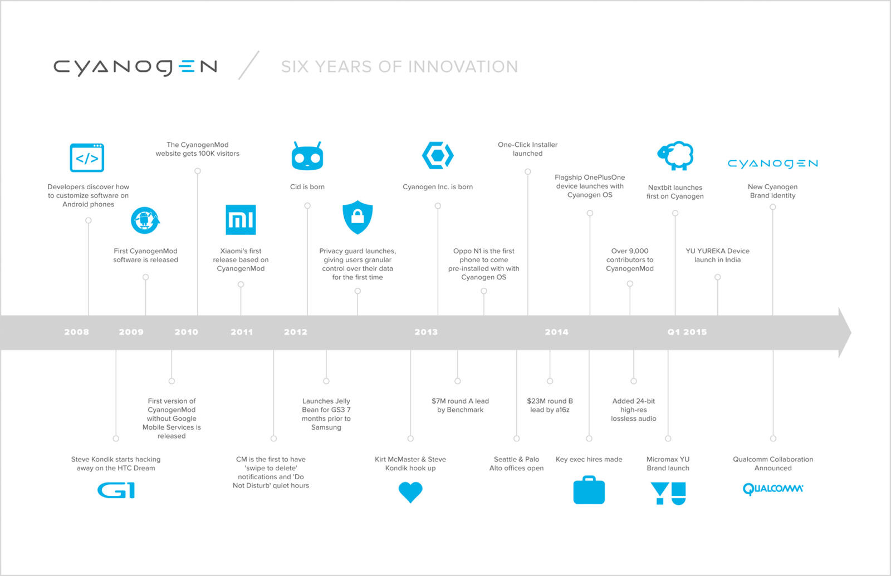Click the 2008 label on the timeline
[x=76, y=332]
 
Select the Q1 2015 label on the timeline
[x=687, y=332]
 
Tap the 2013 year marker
[x=426, y=332]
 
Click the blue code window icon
[x=87, y=157]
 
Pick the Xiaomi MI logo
[x=241, y=220]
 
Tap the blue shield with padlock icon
[x=358, y=217]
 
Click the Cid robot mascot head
[x=307, y=156]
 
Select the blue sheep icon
[x=675, y=155]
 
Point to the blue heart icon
[x=410, y=492]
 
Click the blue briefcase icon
[x=589, y=490]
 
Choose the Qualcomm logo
[x=773, y=489]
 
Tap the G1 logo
[x=116, y=490]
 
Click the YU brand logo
[x=668, y=493]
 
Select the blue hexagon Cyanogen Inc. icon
[x=438, y=155]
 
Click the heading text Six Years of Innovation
[x=399, y=67]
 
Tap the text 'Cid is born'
[x=307, y=187]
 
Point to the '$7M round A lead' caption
[x=460, y=401]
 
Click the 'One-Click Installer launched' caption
[x=527, y=149]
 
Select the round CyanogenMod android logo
[x=145, y=220]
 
